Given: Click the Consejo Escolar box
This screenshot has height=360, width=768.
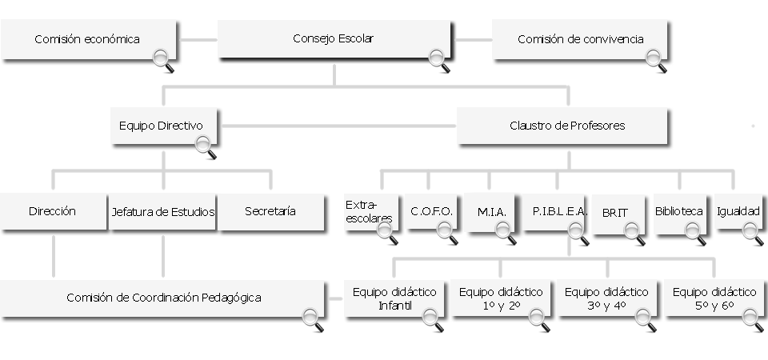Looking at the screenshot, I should click(x=333, y=38).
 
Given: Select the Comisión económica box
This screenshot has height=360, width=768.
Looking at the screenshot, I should click(x=87, y=39).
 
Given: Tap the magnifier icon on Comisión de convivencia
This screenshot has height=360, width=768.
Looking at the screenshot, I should click(x=655, y=58).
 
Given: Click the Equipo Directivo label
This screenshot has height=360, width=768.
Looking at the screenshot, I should click(x=161, y=126).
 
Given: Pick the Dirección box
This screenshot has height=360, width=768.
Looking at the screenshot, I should click(x=52, y=212).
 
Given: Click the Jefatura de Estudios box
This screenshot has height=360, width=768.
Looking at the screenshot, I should click(x=162, y=212).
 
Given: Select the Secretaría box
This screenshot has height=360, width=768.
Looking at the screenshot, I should click(x=270, y=212).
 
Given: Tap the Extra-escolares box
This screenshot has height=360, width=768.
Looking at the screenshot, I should click(x=370, y=211).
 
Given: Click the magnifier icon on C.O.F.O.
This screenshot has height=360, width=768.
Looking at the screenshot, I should click(x=446, y=232).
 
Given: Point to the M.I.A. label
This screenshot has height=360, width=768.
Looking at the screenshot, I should click(x=490, y=212).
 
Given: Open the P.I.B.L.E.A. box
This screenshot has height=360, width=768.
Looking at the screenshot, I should click(x=559, y=212).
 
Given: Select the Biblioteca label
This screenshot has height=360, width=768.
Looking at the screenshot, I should click(x=678, y=211).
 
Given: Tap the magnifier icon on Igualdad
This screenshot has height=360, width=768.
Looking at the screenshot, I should click(x=752, y=232).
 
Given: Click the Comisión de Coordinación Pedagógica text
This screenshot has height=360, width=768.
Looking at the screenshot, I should click(x=164, y=298).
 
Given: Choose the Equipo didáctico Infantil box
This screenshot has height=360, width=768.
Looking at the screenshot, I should click(x=394, y=298).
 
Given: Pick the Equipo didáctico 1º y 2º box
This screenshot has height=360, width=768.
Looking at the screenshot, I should click(x=501, y=298).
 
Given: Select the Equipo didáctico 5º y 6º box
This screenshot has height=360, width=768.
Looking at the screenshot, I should click(x=714, y=298).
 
